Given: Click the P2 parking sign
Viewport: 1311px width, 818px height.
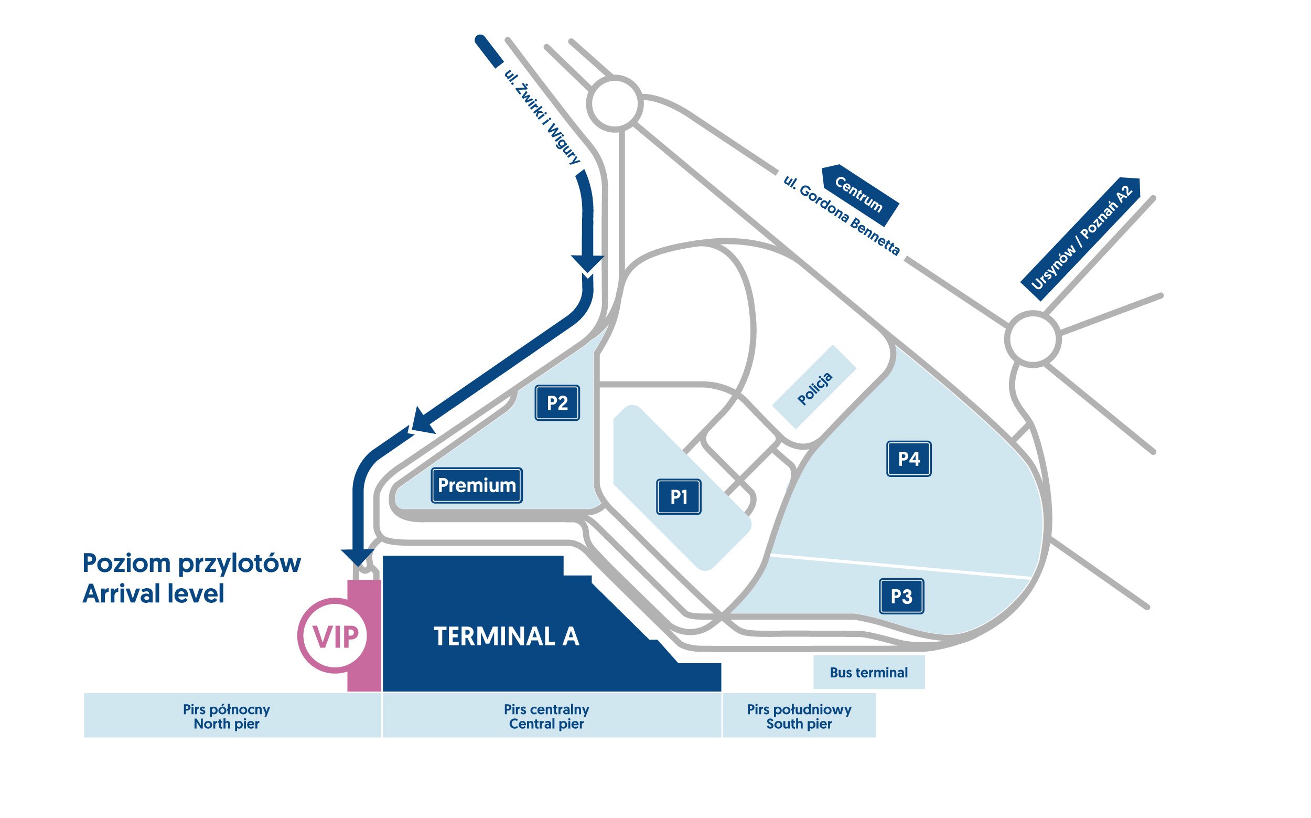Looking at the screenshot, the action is coord(557,403).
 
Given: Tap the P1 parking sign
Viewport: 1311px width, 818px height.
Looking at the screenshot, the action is coord(679,497).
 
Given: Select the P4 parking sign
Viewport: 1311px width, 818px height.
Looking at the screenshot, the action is coord(909,459).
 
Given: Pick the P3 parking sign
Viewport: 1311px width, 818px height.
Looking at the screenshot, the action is coord(901,596).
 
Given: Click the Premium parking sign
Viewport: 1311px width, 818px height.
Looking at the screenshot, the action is coord(477,485).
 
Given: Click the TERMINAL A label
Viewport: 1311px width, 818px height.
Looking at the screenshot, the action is coord(507,637).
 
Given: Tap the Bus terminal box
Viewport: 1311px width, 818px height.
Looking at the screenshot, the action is coord(869,673).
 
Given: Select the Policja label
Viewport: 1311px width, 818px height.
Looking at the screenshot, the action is coord(815,388).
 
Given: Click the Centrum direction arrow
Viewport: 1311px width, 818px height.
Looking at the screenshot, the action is coord(860,195).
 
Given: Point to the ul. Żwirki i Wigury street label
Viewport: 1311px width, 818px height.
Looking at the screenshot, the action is coord(542,116).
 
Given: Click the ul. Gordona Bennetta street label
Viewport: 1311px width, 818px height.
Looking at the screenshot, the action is coord(842,215).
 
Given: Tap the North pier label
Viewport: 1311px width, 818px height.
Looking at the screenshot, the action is coord(227,724).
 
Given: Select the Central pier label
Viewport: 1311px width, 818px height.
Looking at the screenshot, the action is coord(546,724).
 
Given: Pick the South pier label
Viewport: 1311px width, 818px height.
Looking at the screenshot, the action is coord(799,724).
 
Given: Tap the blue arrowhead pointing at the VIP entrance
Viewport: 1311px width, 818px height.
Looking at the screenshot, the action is coord(358,557).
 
